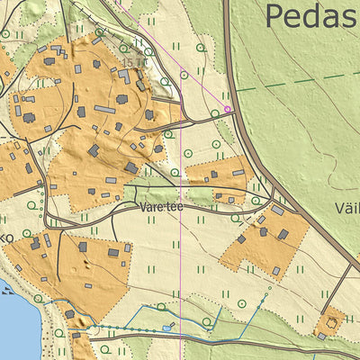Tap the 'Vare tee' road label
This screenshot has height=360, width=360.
click(x=162, y=206)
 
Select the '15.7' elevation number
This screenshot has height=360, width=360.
click(x=134, y=63)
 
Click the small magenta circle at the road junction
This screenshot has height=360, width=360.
click(x=228, y=110)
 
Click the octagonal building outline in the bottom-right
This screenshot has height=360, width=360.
click(x=333, y=319)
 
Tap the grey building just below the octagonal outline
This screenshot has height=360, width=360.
click(x=322, y=336)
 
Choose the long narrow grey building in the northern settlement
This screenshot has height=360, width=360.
click(x=105, y=110)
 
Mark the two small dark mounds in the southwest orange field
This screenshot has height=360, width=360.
click(x=85, y=266)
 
